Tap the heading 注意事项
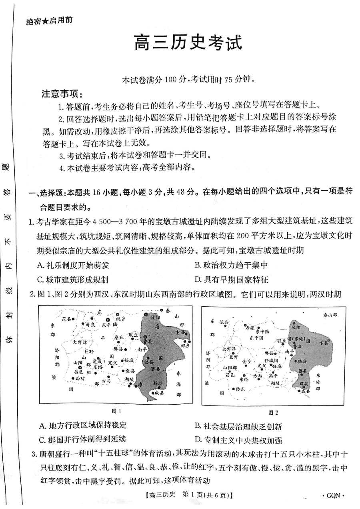(62, 95)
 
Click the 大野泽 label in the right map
(230, 349)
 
